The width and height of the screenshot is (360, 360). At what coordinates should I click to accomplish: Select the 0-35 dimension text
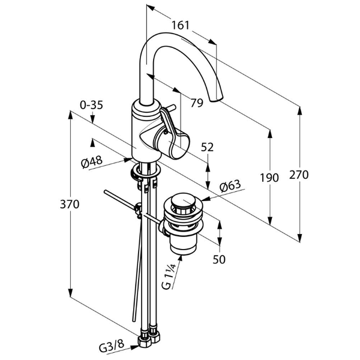click(x=91, y=104)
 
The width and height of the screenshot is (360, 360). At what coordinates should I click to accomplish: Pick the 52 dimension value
click(x=208, y=146)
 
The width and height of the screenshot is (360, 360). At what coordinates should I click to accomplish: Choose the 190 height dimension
click(x=270, y=178)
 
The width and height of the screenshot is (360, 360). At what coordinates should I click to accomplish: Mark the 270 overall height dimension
click(x=298, y=175)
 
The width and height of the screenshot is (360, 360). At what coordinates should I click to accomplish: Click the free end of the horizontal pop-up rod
click(x=106, y=192)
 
